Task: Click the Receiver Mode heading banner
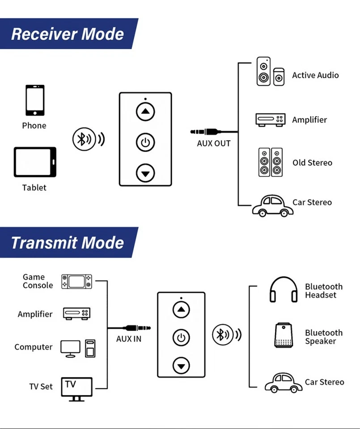pyautogui.click(x=67, y=34)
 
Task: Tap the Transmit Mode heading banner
pyautogui.click(x=67, y=242)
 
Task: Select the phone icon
pyautogui.click(x=34, y=100)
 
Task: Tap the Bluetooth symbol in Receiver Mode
pyautogui.click(x=82, y=139)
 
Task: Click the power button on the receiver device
pyautogui.click(x=145, y=143)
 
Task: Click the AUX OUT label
pyautogui.click(x=214, y=143)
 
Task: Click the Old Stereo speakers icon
pyautogui.click(x=270, y=162)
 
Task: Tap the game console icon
pyautogui.click(x=76, y=281)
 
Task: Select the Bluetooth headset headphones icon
pyautogui.click(x=284, y=290)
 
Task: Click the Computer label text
pyautogui.click(x=33, y=347)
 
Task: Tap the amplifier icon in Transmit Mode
pyautogui.click(x=77, y=314)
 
